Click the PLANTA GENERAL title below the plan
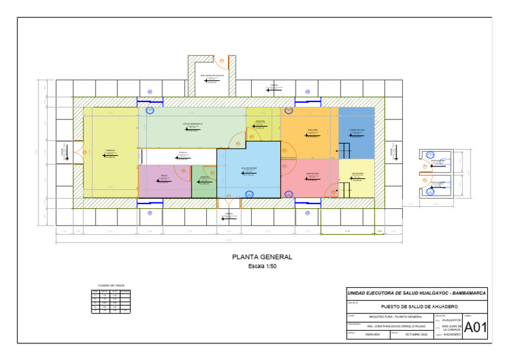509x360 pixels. coord(262,257)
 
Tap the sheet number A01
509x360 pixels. coord(475,328)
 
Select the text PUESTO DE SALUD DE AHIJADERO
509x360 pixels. coord(420,307)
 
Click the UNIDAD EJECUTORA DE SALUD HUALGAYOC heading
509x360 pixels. coord(416,292)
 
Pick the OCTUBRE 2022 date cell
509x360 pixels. coord(416,335)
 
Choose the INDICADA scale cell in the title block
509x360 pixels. coord(372,335)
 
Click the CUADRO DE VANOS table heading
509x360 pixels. coord(111,286)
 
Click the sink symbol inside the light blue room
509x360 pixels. coord(249,194)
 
